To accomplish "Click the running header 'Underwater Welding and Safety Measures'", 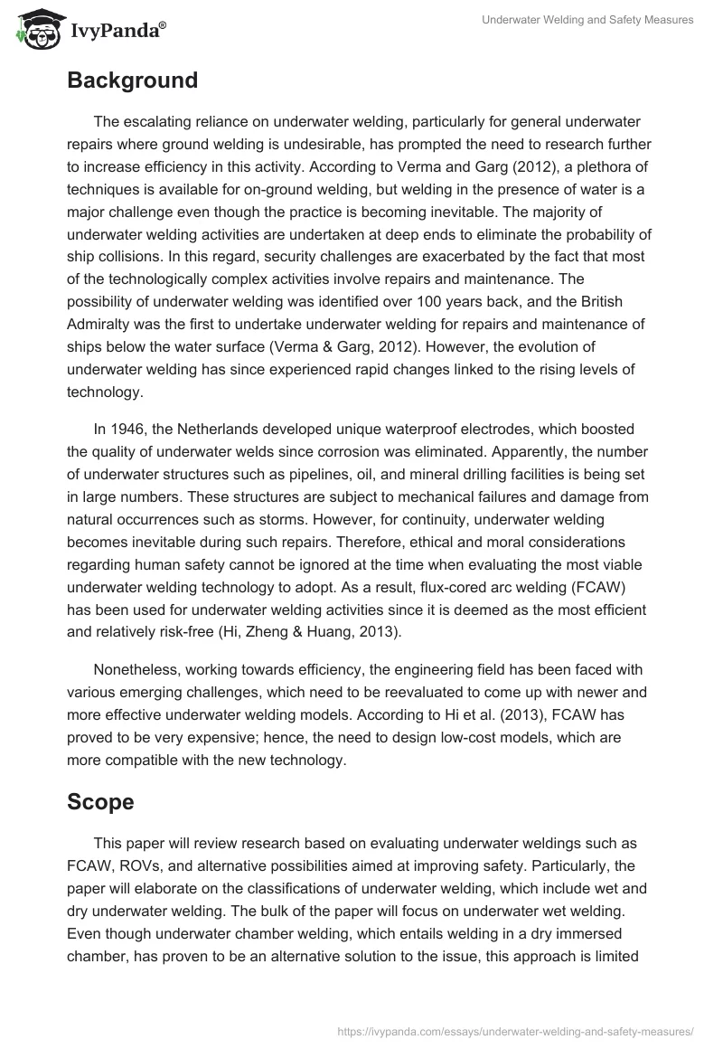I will pos(587,20).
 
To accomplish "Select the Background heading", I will pos(132,80).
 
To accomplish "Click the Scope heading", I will pos(101,800).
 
